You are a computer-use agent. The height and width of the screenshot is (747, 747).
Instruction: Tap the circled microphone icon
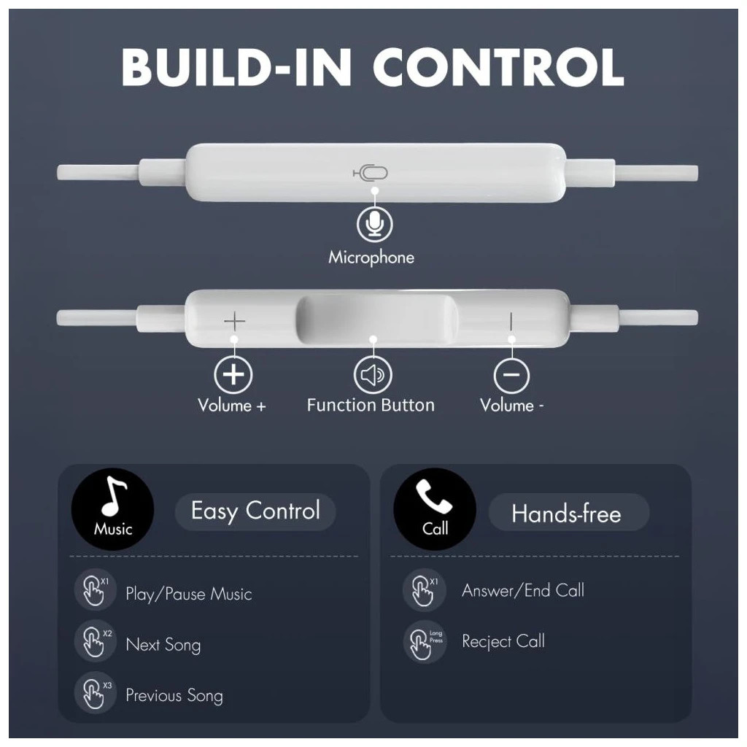(x=375, y=223)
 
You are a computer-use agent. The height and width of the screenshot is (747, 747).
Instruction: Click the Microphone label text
(x=371, y=258)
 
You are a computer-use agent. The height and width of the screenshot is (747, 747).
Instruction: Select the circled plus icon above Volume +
(x=233, y=374)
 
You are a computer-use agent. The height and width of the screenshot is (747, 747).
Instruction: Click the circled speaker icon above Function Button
(x=373, y=374)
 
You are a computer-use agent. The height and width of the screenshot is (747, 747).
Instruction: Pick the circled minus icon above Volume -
(x=511, y=374)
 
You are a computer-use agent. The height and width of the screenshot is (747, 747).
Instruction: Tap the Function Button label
(x=371, y=405)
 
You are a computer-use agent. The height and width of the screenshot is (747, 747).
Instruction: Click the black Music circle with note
(x=113, y=509)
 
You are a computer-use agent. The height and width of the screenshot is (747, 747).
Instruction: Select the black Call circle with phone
(x=435, y=509)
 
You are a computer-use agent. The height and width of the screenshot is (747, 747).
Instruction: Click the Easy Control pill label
(x=255, y=511)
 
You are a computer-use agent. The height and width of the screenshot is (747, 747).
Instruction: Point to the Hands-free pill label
(x=568, y=513)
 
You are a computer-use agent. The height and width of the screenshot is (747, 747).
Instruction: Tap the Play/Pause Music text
(x=189, y=594)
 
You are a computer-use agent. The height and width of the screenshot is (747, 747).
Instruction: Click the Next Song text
(x=163, y=645)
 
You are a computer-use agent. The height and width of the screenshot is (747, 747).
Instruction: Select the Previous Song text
(x=174, y=695)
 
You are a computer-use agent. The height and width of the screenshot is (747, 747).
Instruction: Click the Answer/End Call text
(x=522, y=590)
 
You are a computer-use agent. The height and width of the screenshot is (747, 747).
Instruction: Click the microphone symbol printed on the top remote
(x=370, y=172)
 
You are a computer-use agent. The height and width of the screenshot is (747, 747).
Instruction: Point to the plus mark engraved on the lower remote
(x=234, y=322)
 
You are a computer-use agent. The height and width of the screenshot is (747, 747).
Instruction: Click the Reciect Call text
(x=503, y=641)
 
